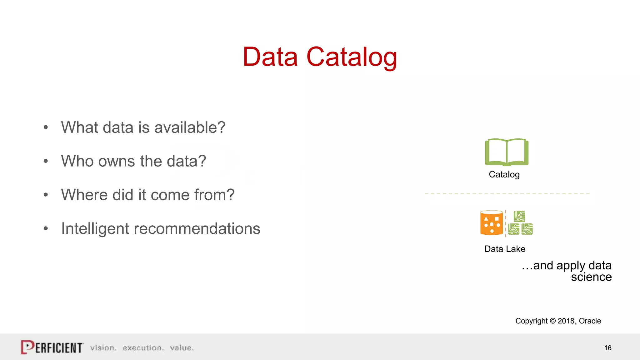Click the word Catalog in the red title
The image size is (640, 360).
click(x=352, y=57)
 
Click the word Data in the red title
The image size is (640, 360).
click(x=270, y=57)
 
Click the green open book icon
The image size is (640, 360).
click(x=507, y=152)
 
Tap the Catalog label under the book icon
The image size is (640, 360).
click(x=504, y=174)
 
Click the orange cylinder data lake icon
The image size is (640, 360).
click(x=492, y=223)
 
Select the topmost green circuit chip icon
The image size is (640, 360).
click(x=519, y=216)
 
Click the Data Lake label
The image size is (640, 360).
click(x=505, y=249)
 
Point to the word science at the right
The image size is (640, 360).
click(x=591, y=277)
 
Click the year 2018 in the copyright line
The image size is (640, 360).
click(x=566, y=321)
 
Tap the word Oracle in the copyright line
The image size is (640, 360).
click(x=590, y=321)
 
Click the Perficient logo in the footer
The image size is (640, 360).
click(x=52, y=347)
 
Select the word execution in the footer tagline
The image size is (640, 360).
click(x=143, y=348)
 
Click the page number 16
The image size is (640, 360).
click(x=608, y=348)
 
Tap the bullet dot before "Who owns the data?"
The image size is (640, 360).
click(x=46, y=161)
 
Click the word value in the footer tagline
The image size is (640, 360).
click(x=182, y=348)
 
